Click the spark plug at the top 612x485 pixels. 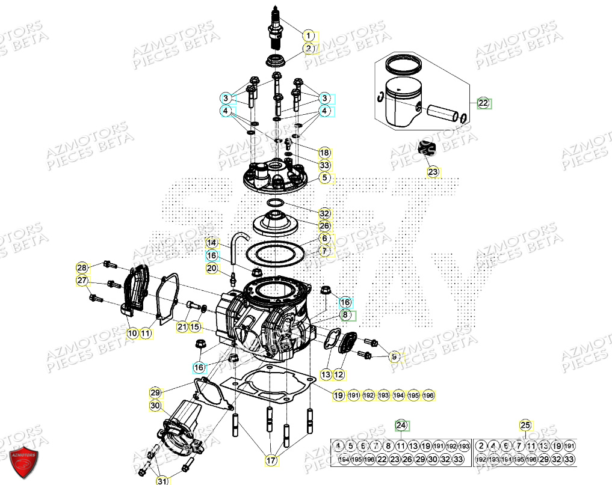(276, 27)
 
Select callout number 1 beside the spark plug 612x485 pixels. (308, 35)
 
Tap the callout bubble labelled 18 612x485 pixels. (324, 153)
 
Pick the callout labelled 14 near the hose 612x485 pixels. (212, 242)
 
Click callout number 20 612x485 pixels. (211, 268)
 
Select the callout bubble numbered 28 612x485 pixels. (82, 267)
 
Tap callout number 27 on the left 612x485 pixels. (82, 280)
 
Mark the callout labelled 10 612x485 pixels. (132, 332)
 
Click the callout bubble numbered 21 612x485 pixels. (182, 326)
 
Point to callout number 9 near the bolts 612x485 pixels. (394, 357)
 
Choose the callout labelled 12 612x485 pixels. (339, 374)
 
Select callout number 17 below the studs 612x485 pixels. (271, 460)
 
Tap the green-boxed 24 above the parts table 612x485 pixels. (401, 426)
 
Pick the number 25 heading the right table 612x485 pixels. (525, 426)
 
